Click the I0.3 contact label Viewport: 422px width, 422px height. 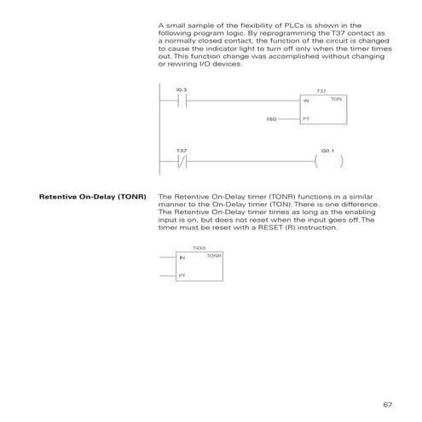(x=181, y=89)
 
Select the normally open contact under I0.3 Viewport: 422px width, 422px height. (x=181, y=100)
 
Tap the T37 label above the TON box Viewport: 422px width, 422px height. (x=321, y=90)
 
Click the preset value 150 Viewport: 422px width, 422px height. (x=272, y=119)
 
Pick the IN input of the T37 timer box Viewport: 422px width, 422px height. (x=307, y=101)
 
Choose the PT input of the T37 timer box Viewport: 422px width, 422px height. (x=307, y=119)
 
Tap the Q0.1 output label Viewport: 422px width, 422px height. (x=327, y=151)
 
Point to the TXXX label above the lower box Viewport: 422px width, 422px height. (x=199, y=249)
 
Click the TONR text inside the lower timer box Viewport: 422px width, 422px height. (x=214, y=256)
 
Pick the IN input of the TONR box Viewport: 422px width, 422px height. (x=182, y=258)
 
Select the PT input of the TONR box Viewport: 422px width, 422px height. (x=182, y=276)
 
